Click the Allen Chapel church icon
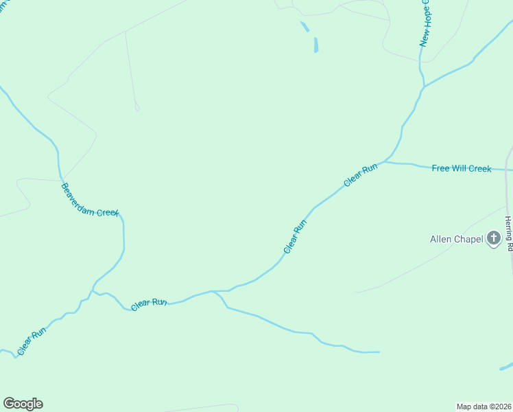[x=493, y=239]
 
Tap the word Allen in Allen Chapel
[x=441, y=240]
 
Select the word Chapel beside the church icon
[x=468, y=240]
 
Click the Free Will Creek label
[x=462, y=168]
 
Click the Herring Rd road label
[x=508, y=233]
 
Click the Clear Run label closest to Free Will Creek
[x=361, y=175]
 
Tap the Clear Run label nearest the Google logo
[x=32, y=340]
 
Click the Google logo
[x=23, y=404]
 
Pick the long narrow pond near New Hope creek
[x=315, y=45]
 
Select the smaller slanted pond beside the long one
[x=305, y=27]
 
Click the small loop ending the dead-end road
[x=137, y=107]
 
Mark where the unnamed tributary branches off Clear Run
[x=214, y=291]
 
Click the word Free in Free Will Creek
[x=441, y=168]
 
